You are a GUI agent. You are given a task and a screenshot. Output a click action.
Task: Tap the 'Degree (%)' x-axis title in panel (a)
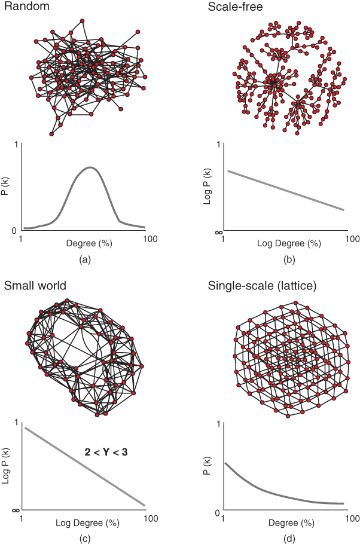coord(84,243)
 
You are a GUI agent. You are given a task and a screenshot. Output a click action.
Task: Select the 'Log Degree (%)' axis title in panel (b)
coord(288,243)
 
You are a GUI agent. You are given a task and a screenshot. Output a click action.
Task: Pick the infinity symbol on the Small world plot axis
coord(15,510)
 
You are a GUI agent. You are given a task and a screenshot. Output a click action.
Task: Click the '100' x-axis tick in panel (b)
coord(353,239)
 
